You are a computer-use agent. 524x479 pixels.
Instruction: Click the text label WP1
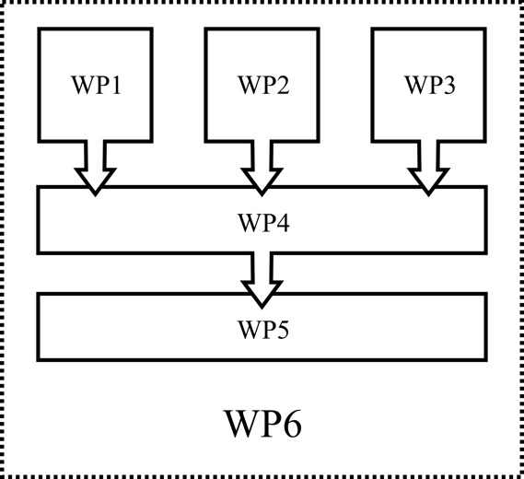click(96, 86)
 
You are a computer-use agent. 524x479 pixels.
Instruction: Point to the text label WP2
click(262, 86)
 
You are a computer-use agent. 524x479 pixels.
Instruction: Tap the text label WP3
click(429, 86)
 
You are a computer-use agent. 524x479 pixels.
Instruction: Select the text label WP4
click(262, 222)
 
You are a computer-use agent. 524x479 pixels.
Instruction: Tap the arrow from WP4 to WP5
click(262, 275)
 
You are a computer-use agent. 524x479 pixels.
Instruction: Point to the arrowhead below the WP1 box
click(95, 184)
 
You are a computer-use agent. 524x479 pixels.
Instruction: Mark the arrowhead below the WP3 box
click(427, 184)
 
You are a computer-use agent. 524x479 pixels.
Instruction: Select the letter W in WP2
click(249, 86)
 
